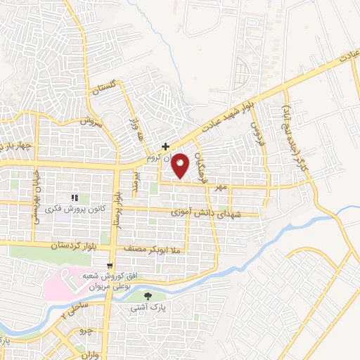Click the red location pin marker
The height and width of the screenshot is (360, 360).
(181, 165)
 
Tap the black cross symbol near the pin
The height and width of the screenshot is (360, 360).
(165, 147)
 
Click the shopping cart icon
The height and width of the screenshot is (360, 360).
(110, 266)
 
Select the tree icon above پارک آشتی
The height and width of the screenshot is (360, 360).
(146, 297)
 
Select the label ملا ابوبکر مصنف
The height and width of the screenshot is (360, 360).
(153, 249)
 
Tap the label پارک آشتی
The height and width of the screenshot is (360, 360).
(146, 308)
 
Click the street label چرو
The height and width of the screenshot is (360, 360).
(84, 330)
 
